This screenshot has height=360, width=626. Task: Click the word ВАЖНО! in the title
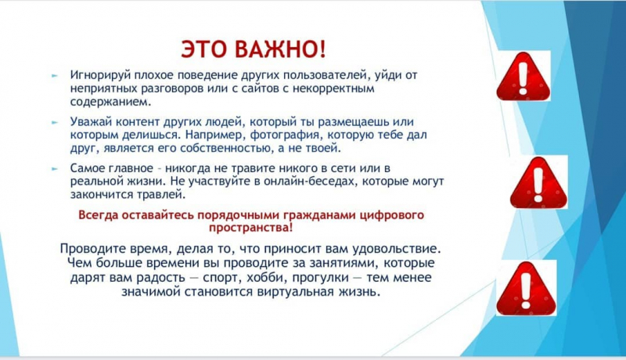coord(280,49)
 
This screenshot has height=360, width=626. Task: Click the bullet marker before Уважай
coord(55,123)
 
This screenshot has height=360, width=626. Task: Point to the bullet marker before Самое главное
coord(55,169)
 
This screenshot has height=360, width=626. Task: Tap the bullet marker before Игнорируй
coord(55,75)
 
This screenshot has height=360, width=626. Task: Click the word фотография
coord(285,135)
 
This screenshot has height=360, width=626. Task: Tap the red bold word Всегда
coord(99,215)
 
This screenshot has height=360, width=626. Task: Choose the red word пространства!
coord(250,228)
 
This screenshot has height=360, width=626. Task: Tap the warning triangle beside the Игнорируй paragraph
coord(523,77)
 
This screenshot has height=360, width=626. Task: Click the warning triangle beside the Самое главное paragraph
coord(538,182)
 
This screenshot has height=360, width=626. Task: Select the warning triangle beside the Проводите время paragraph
coord(526,289)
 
